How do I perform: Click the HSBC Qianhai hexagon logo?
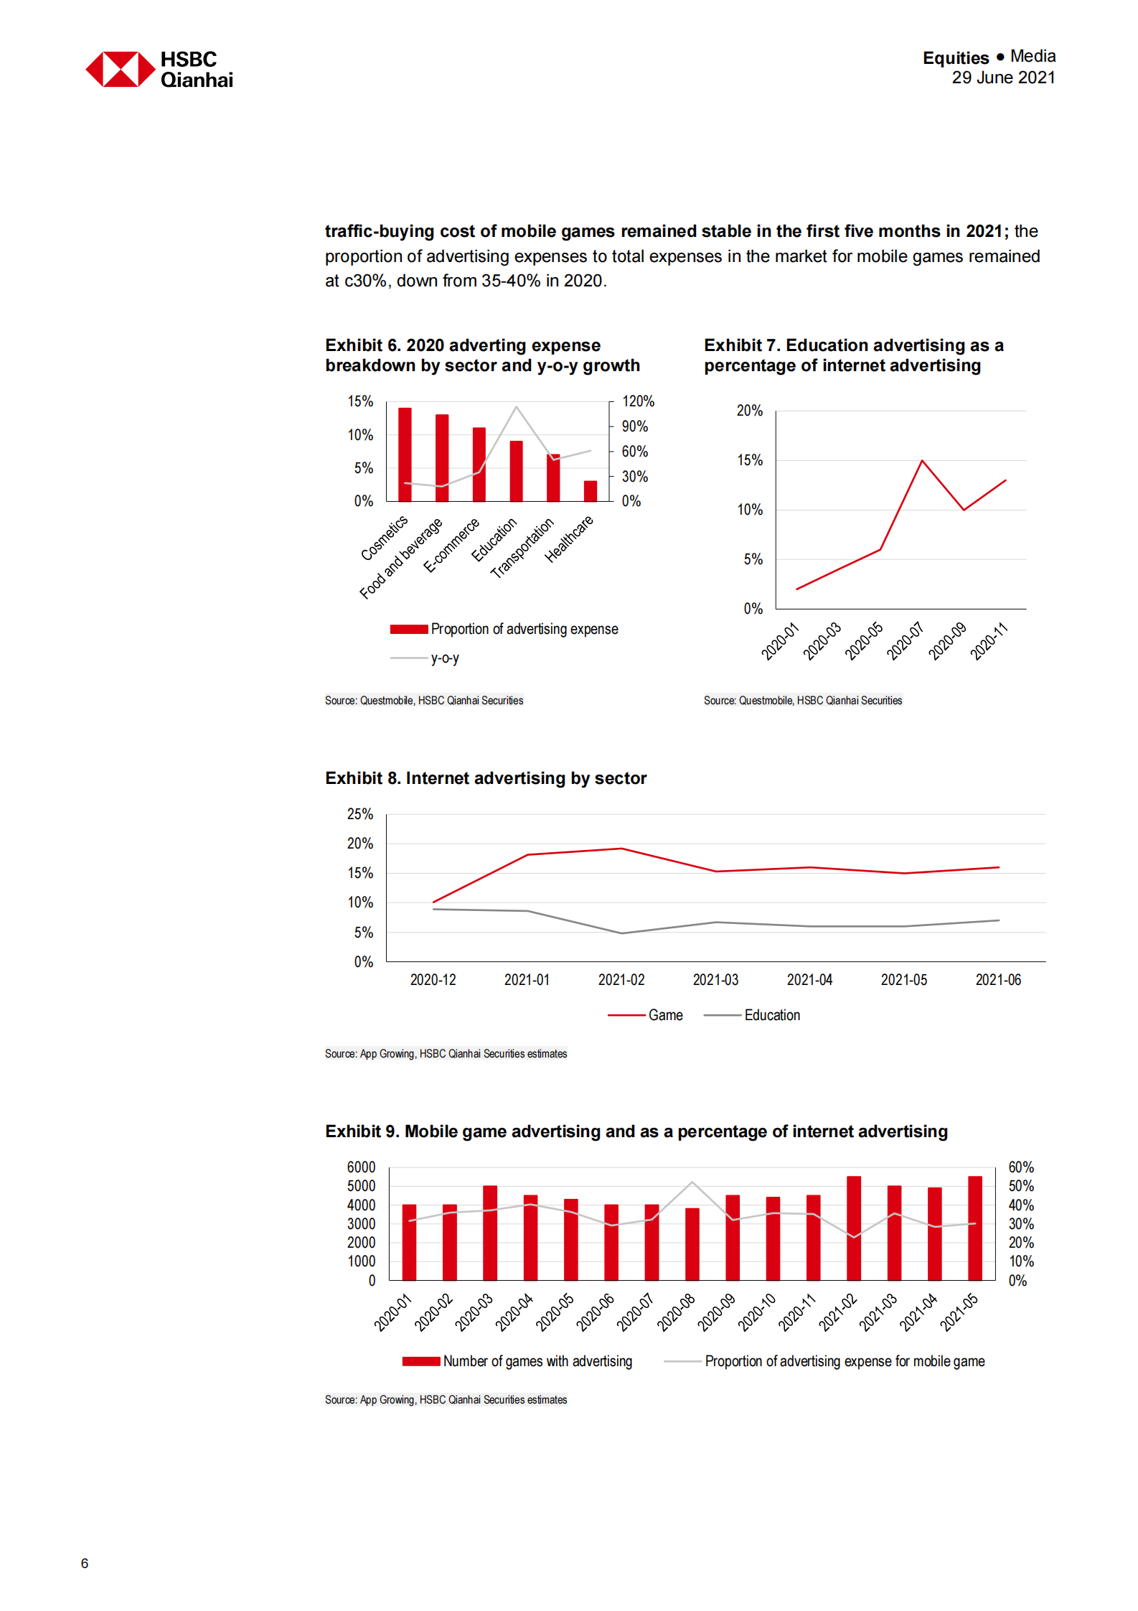click(121, 69)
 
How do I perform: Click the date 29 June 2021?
click(1002, 78)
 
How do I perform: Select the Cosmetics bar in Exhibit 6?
click(405, 454)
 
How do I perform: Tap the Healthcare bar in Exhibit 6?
click(590, 491)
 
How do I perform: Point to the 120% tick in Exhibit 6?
click(637, 401)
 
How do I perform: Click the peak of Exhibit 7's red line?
click(922, 461)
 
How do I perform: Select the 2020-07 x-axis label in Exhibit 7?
click(906, 641)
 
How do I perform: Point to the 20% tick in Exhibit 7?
click(749, 411)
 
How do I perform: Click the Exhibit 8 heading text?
click(485, 778)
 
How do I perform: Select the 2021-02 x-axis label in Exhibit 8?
click(621, 980)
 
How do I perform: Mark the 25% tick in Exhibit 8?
click(359, 814)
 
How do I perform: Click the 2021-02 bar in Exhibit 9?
click(853, 1228)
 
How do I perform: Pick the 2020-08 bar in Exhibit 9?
click(692, 1244)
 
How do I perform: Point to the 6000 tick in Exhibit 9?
click(361, 1167)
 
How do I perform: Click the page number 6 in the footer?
click(85, 1563)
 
